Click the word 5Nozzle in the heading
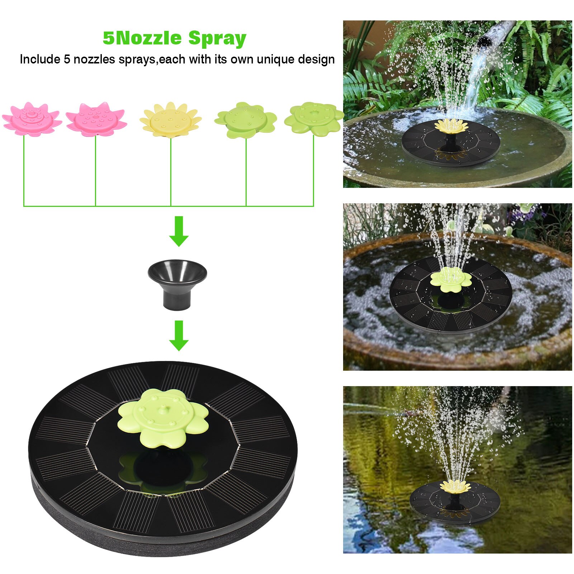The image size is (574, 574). [142, 38]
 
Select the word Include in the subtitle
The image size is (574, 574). [40, 59]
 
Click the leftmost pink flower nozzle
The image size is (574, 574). [32, 119]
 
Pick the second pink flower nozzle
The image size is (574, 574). [96, 119]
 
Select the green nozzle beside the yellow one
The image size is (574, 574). [246, 120]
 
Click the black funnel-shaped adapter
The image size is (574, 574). [177, 283]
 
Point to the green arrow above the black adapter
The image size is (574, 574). [179, 231]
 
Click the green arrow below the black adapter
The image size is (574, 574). [179, 336]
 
